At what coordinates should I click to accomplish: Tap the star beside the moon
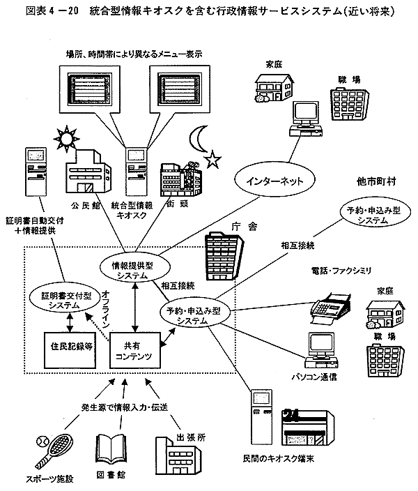[x=212, y=161]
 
